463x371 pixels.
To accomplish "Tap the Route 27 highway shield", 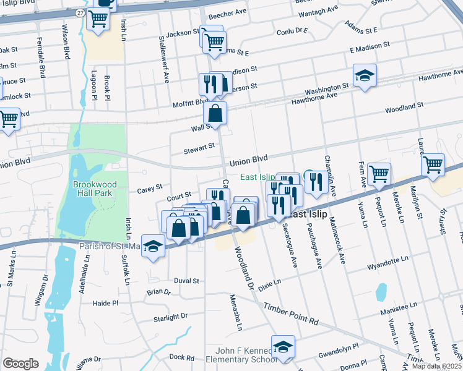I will (x=80, y=12).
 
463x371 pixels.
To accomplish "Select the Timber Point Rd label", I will (x=290, y=313).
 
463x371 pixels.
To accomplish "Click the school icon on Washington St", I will (x=365, y=76).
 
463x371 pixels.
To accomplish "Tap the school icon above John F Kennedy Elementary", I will (x=283, y=347).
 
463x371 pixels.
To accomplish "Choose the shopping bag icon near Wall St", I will (x=215, y=114).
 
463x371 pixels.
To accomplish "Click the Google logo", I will (x=20, y=363).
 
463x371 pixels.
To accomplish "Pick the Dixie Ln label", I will (x=269, y=285).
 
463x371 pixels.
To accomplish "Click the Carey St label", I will (x=150, y=186).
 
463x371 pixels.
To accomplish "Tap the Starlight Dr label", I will (x=170, y=318).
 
